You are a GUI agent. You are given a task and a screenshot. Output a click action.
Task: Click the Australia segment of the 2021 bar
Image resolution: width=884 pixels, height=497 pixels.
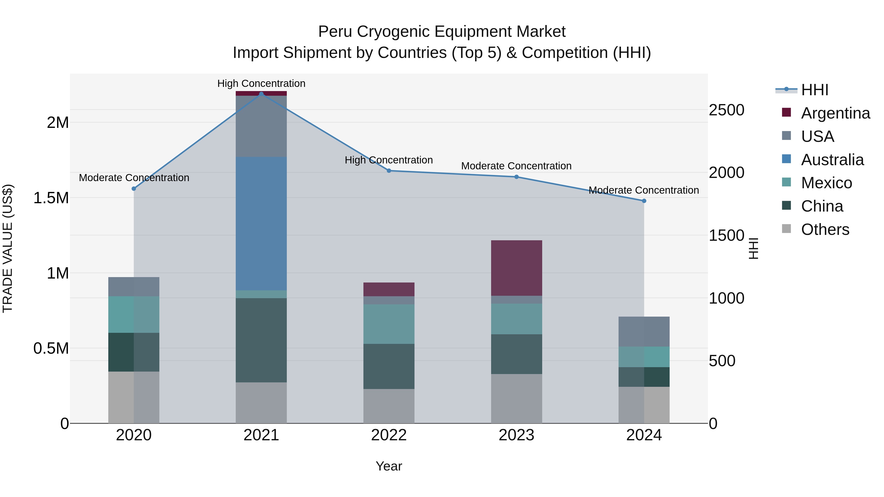tap(261, 224)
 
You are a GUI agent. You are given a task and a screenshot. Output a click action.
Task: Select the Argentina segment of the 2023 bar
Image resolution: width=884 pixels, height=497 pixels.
tap(516, 268)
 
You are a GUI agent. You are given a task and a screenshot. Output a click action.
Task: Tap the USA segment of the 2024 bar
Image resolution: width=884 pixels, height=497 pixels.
tap(644, 331)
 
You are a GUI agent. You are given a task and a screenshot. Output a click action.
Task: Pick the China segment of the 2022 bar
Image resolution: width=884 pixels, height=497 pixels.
tap(389, 366)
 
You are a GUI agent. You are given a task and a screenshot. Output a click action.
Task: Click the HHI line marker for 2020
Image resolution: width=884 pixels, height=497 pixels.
tap(134, 189)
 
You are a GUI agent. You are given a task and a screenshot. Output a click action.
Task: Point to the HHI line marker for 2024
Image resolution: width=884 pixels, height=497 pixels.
tap(644, 201)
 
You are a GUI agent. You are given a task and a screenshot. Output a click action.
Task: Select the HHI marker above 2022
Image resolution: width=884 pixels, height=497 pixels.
tap(389, 171)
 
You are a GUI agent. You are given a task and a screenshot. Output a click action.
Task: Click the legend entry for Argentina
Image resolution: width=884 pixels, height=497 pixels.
tap(835, 113)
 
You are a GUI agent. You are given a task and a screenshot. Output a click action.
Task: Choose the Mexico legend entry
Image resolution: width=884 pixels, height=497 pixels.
tap(826, 183)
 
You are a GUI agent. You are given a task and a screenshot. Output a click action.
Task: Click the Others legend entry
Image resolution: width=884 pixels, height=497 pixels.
tap(825, 229)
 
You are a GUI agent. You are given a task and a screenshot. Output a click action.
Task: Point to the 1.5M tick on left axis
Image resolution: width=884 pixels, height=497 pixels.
tap(51, 198)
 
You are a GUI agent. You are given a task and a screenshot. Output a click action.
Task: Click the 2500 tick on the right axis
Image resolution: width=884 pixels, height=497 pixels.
tap(727, 110)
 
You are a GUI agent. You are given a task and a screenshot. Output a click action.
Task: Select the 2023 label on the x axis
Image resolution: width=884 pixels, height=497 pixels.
tap(516, 435)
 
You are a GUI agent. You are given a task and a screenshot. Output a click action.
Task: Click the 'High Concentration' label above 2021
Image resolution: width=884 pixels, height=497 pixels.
tap(261, 83)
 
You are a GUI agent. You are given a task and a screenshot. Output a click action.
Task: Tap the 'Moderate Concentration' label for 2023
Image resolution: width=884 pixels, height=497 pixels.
tap(516, 166)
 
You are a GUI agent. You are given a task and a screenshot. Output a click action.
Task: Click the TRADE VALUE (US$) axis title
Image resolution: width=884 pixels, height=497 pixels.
tap(8, 248)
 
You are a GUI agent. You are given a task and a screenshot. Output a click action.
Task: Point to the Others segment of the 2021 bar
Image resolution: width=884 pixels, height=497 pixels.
tap(261, 403)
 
